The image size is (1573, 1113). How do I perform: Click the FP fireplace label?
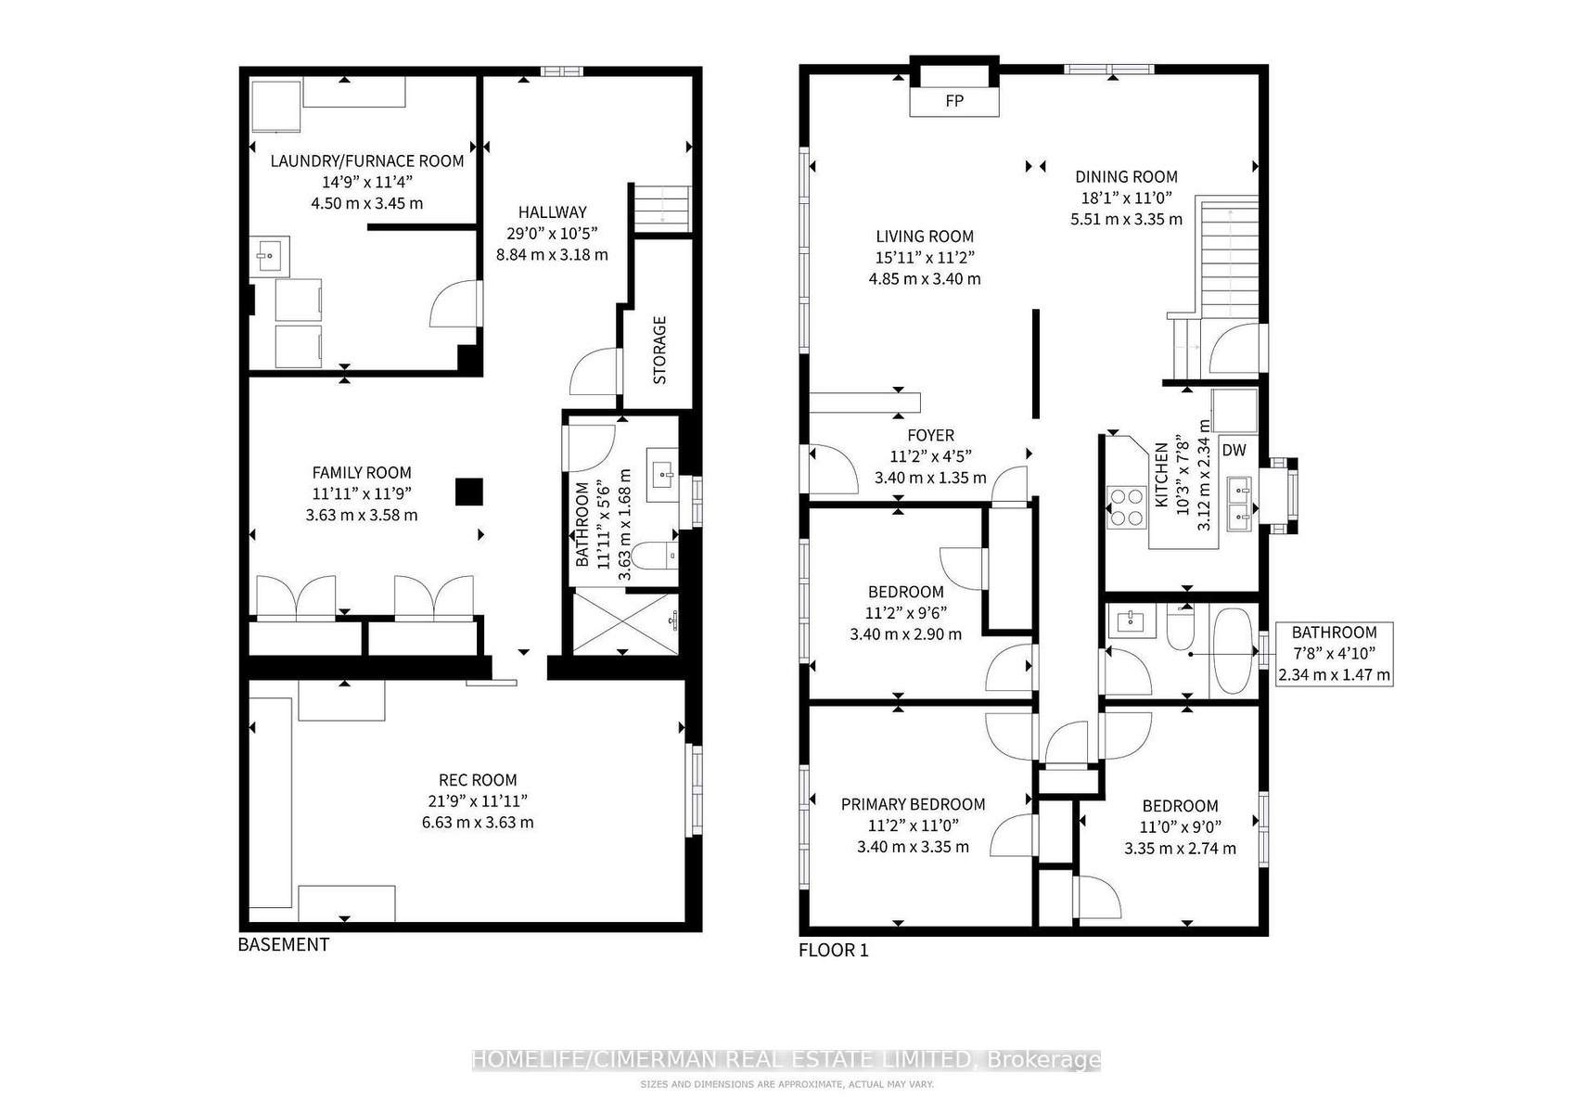coord(953,101)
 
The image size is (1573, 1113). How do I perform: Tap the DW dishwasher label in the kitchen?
coord(1234,450)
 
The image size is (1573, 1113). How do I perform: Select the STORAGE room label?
coord(659,350)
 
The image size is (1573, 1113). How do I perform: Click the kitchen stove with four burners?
coord(1126,507)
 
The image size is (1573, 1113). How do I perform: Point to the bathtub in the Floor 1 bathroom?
coord(1234,652)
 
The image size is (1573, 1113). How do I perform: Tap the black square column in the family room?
coord(469,492)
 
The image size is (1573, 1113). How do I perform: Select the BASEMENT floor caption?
coord(284,944)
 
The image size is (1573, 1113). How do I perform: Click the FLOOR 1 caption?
coord(834,950)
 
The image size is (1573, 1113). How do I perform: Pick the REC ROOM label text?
coord(478,780)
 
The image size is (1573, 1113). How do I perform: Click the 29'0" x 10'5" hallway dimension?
coord(552,233)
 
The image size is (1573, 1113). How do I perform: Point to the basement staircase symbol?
coord(663,208)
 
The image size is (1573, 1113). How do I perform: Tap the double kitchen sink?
coord(1239,504)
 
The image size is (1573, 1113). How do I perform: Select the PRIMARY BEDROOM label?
coord(913,804)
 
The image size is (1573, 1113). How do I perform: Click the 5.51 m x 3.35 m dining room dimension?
coord(1126,219)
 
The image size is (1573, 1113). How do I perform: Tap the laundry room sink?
coord(269,256)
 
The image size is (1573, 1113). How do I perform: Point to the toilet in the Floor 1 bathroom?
coord(1181,627)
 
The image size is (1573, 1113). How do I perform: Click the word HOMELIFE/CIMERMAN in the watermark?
coord(722,1059)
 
